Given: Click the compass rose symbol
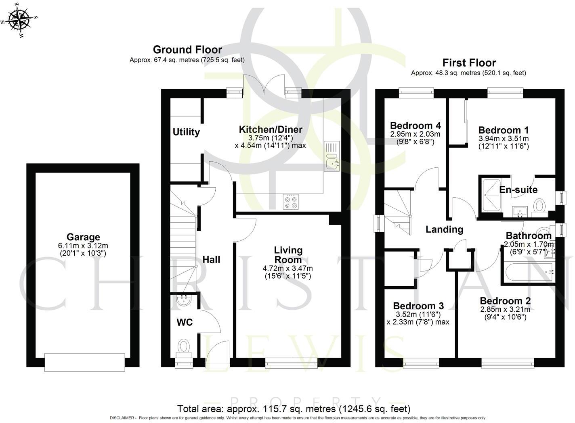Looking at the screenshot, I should pyautogui.click(x=19, y=19).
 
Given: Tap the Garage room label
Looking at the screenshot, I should pyautogui.click(x=83, y=237).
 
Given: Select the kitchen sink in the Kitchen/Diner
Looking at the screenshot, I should pyautogui.click(x=332, y=156).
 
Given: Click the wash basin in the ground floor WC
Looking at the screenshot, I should pyautogui.click(x=185, y=300).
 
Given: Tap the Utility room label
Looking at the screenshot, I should pyautogui.click(x=186, y=132).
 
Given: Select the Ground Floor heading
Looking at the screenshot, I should pyautogui.click(x=187, y=50).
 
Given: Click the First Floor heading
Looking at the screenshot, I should pyautogui.click(x=469, y=63).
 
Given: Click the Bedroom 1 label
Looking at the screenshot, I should pyautogui.click(x=503, y=130).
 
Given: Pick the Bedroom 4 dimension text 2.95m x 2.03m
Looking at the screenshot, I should pyautogui.click(x=415, y=134).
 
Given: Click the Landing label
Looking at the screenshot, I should pyautogui.click(x=444, y=229).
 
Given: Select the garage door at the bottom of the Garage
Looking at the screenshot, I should pyautogui.click(x=84, y=362).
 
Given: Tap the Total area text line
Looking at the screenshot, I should pyautogui.click(x=294, y=408).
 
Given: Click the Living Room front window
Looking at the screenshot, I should pyautogui.click(x=291, y=364).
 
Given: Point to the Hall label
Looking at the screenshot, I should pyautogui.click(x=211, y=259).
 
